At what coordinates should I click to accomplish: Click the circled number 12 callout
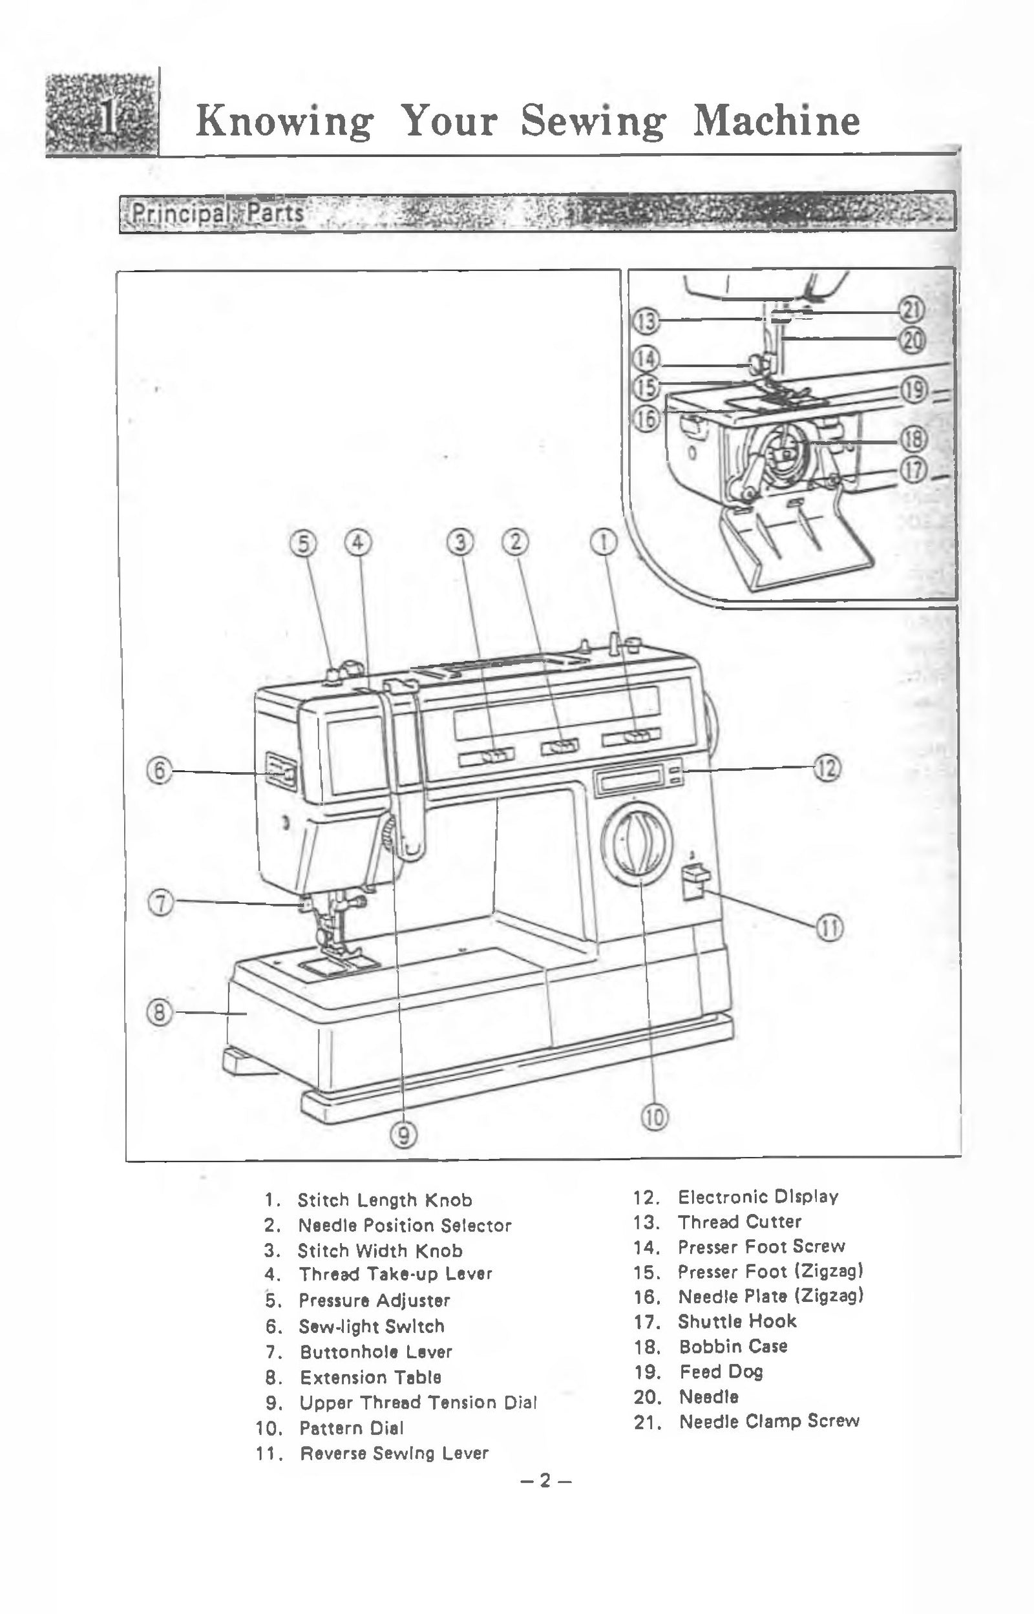pyautogui.click(x=827, y=768)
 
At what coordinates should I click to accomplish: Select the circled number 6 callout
pyautogui.click(x=159, y=770)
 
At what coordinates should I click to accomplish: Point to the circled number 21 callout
pyautogui.click(x=912, y=311)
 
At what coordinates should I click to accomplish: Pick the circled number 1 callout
pyautogui.click(x=604, y=542)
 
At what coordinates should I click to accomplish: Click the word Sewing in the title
pyautogui.click(x=593, y=121)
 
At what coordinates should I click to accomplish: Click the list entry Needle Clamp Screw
pyautogui.click(x=769, y=1421)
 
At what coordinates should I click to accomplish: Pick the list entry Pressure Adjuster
pyautogui.click(x=374, y=1300)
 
